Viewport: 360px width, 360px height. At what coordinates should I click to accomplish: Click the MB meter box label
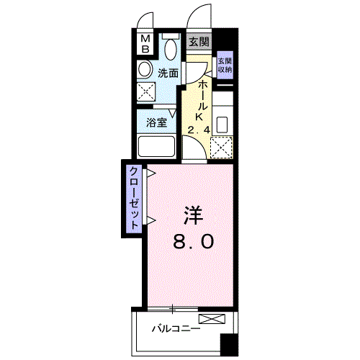coord(145,44)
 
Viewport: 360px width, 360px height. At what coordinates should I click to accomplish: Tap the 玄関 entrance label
coord(199,42)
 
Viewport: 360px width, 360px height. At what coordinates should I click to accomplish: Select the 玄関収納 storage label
coord(225,65)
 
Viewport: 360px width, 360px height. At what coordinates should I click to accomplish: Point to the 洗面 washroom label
coord(168,73)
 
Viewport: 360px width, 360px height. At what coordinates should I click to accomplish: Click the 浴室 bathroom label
coord(157,123)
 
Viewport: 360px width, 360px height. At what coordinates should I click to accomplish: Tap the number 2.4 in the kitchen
coord(199,130)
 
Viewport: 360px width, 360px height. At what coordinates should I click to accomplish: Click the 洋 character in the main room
coord(193,215)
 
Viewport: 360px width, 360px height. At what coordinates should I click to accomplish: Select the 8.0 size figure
coord(193,241)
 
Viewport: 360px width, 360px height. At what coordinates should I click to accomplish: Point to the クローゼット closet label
coord(134,198)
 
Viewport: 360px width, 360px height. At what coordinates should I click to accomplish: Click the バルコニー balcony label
coord(176,328)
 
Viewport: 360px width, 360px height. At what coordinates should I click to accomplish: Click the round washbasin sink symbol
coord(145,69)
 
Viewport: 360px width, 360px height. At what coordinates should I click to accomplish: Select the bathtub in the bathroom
coord(156,146)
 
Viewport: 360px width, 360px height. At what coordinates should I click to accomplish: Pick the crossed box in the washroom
coord(146,91)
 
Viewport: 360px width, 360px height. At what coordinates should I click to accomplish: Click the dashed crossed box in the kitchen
coord(221,147)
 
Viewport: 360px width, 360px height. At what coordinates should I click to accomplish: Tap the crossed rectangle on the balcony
coord(212,318)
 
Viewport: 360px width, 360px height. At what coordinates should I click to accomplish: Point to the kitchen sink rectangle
coord(222,125)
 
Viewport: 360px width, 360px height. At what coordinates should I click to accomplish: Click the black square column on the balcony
coord(229,344)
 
